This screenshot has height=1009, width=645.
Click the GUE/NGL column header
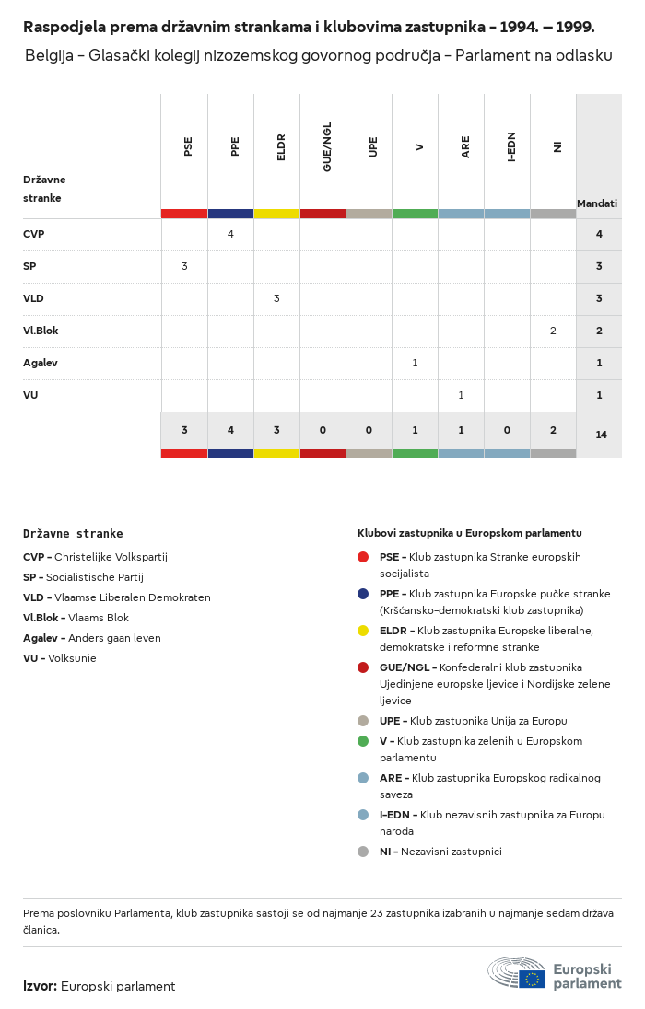click(327, 146)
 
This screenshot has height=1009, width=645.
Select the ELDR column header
click(281, 146)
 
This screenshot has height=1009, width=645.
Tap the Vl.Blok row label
click(41, 331)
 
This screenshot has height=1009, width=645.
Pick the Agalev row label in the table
click(41, 363)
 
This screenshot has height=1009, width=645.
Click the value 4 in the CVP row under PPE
click(230, 234)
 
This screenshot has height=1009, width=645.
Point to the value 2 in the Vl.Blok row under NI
click(553, 331)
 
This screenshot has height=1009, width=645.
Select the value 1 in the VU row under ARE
click(461, 395)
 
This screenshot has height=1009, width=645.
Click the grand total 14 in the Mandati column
click(601, 435)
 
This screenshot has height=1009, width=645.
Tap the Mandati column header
click(597, 203)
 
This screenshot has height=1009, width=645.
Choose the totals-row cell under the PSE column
click(184, 430)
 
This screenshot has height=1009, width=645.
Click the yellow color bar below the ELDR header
click(276, 214)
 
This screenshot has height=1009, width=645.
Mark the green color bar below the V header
click(415, 214)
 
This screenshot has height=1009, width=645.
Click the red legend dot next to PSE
click(363, 557)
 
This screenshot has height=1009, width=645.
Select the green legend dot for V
click(363, 741)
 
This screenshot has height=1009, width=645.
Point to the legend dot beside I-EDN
click(363, 815)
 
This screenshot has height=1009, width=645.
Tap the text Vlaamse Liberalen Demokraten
click(132, 597)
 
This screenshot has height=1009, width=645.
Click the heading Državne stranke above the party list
click(73, 534)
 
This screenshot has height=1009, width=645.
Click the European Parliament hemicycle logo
click(516, 972)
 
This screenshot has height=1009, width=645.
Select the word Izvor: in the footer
click(40, 986)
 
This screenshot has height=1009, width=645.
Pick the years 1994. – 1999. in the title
click(547, 27)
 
